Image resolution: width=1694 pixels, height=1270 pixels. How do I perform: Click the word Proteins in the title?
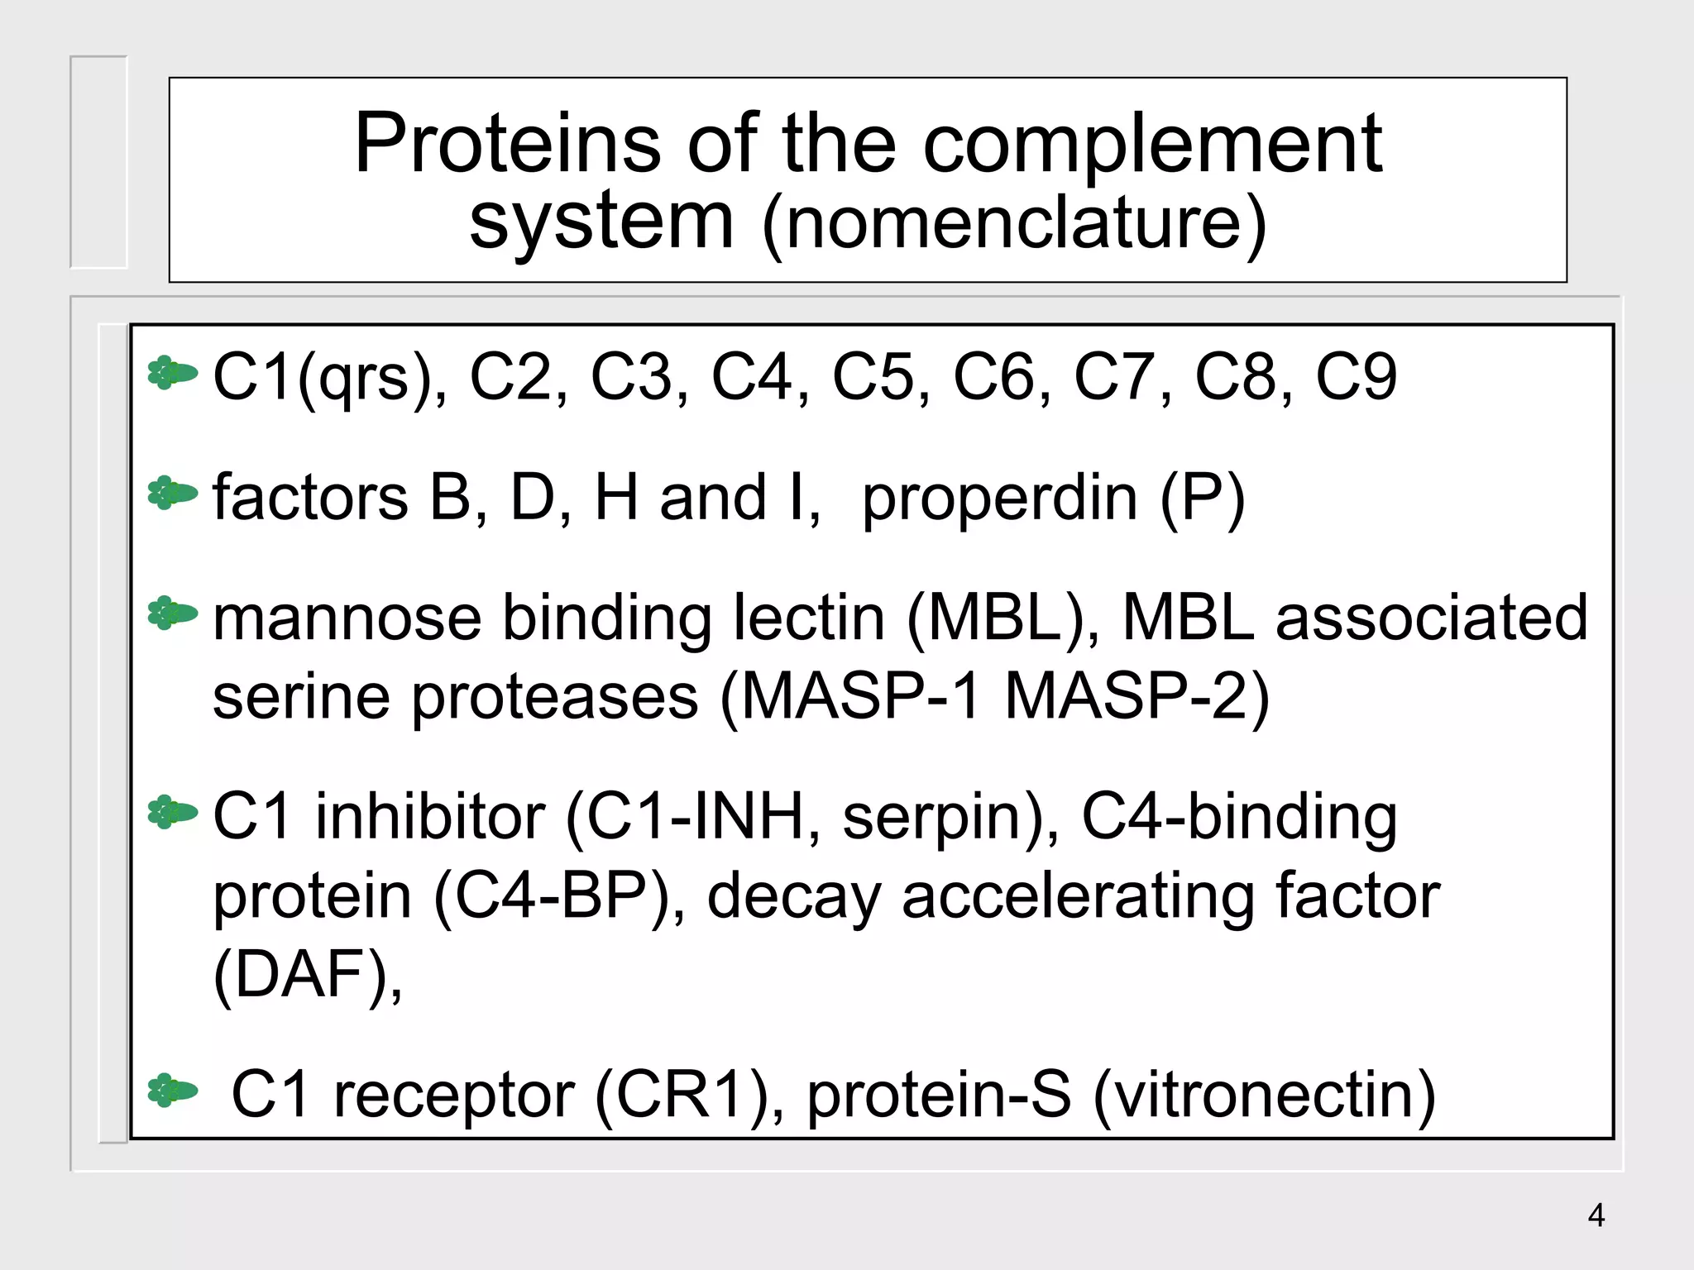pyautogui.click(x=507, y=145)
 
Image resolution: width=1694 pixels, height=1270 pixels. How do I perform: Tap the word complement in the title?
pyautogui.click(x=1152, y=145)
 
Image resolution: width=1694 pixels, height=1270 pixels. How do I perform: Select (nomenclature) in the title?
pyautogui.click(x=1014, y=222)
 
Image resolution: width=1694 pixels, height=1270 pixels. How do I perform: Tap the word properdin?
pyautogui.click(x=999, y=499)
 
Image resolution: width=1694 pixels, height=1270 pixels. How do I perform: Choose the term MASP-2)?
pyautogui.click(x=1137, y=697)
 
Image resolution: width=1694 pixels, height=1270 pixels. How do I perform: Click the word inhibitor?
pyautogui.click(x=429, y=817)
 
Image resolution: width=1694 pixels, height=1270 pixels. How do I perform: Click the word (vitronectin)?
pyautogui.click(x=1265, y=1096)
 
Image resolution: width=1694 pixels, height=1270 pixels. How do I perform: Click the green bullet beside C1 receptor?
pyautogui.click(x=172, y=1091)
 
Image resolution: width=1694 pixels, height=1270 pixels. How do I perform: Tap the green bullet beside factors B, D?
pyautogui.click(x=172, y=494)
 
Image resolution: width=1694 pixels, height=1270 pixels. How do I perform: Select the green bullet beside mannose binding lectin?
pyautogui.click(x=172, y=614)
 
